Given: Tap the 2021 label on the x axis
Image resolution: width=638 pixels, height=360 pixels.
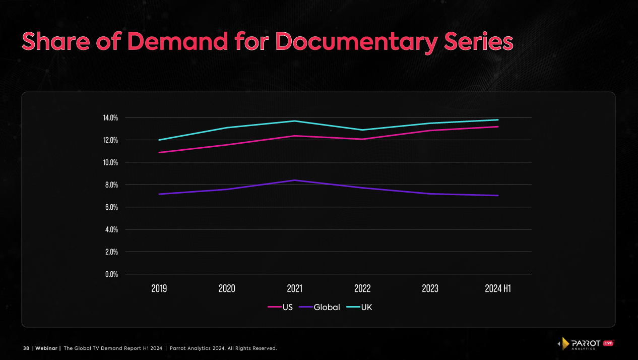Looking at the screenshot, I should [x=294, y=288].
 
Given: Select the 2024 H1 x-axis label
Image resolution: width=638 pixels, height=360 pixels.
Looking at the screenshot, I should [x=497, y=288].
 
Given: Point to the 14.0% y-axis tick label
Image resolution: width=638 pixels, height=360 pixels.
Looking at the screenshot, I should [x=110, y=118].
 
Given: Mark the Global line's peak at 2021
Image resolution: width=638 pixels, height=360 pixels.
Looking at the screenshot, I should [x=294, y=180].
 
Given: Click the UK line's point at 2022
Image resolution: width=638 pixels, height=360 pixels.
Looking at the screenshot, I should [x=362, y=130].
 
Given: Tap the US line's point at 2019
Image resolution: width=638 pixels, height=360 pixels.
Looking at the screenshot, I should [x=159, y=152].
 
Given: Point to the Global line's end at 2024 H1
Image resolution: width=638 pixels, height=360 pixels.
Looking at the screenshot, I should [x=498, y=196].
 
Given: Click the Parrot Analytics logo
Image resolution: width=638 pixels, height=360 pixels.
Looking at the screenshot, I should [x=585, y=344].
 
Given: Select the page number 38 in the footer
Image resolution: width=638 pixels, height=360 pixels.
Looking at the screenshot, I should [x=26, y=348].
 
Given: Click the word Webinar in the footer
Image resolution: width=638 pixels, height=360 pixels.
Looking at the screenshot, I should [x=46, y=348].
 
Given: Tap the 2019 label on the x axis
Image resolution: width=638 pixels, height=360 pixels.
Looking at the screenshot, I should [x=159, y=288].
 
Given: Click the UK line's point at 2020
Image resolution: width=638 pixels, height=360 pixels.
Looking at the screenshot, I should [x=227, y=128].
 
